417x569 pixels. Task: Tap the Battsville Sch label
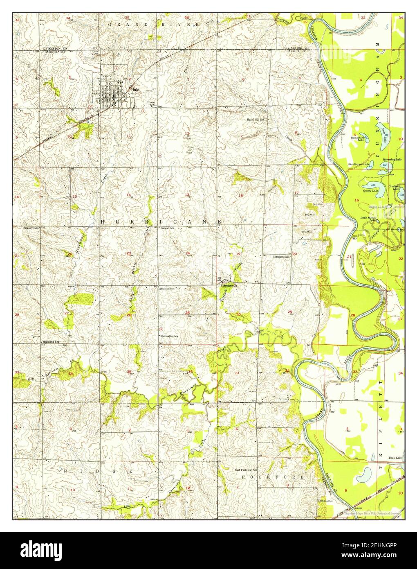coord(170,336)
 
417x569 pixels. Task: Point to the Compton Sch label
coord(281,257)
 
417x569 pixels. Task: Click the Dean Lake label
coord(395,458)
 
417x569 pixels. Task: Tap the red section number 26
coord(129,315)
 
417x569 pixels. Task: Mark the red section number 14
coord(128,195)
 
